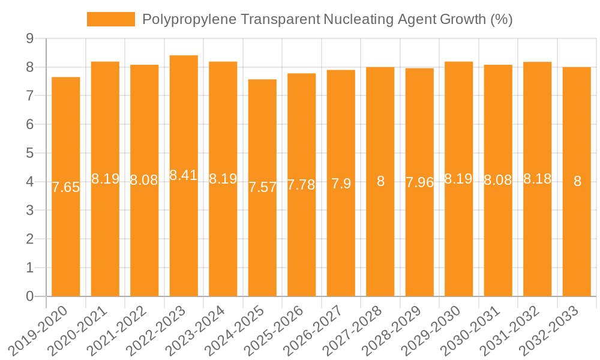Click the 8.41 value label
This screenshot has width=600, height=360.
pyautogui.click(x=184, y=175)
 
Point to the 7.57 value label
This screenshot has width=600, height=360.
pyautogui.click(x=262, y=187)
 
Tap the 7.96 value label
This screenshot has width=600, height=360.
pyautogui.click(x=419, y=182)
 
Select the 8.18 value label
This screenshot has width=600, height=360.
pyautogui.click(x=538, y=179)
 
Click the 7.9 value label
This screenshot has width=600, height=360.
pyautogui.click(x=341, y=184)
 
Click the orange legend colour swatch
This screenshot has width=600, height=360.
pyautogui.click(x=111, y=19)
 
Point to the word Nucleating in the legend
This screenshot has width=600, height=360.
pyautogui.click(x=358, y=20)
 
